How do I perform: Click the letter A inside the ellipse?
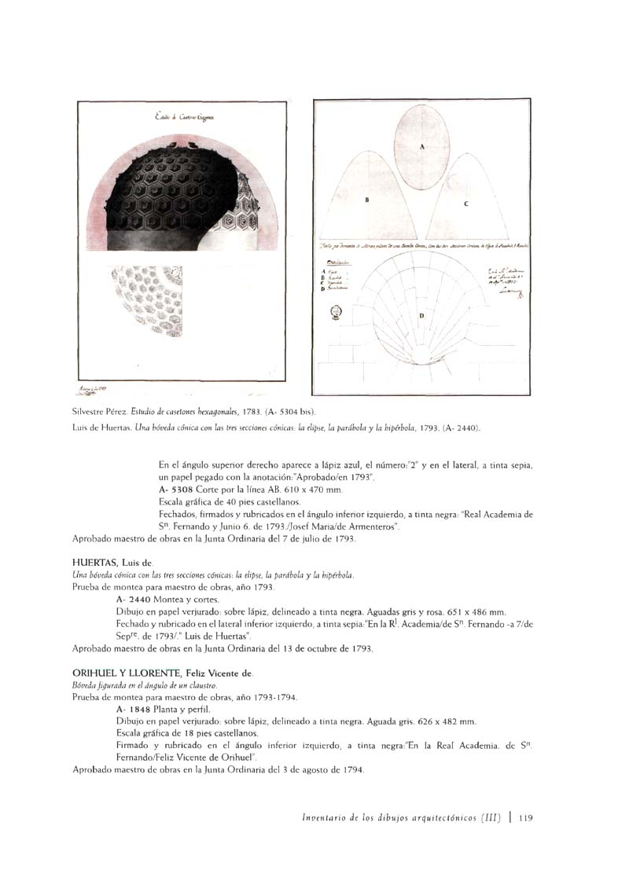(x=421, y=147)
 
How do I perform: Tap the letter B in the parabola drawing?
(x=366, y=200)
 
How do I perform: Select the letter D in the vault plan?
(x=421, y=316)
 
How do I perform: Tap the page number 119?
(x=527, y=818)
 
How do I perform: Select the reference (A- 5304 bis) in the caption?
(x=291, y=411)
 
